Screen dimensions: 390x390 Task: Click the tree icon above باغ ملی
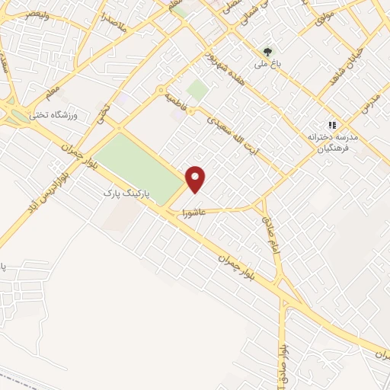pyautogui.click(x=267, y=52)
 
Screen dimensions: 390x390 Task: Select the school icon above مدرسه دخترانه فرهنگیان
pyautogui.click(x=331, y=124)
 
